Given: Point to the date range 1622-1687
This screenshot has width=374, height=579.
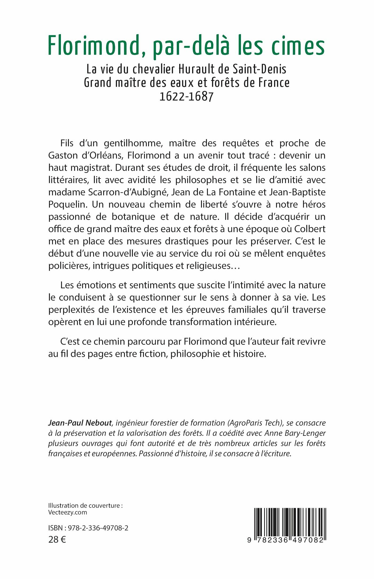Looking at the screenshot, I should click(x=187, y=96).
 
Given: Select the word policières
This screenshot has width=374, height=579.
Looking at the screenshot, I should click(x=69, y=266).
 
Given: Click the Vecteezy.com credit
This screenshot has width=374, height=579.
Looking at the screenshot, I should click(x=68, y=513).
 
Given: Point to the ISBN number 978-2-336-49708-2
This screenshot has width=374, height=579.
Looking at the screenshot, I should click(x=98, y=528).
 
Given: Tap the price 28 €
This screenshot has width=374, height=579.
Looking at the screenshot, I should click(x=57, y=539).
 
